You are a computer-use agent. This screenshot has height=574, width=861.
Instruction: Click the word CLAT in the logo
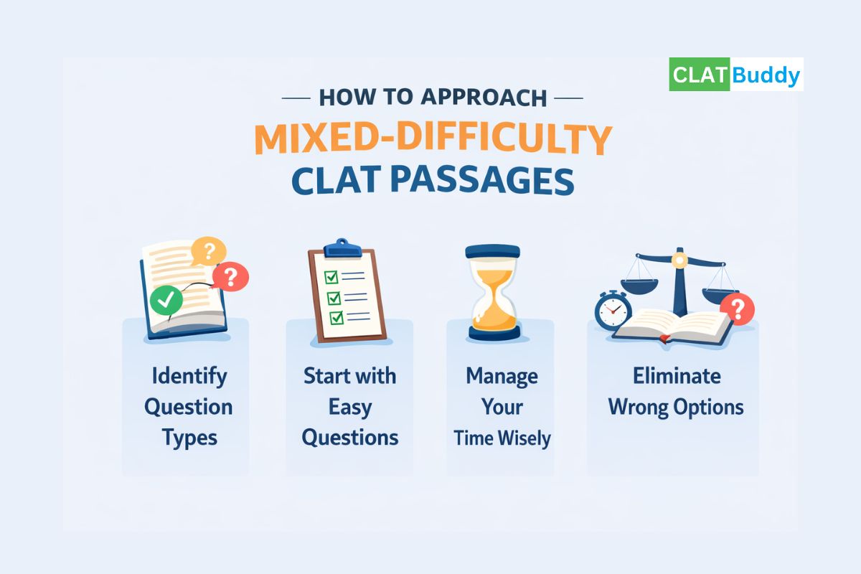700,75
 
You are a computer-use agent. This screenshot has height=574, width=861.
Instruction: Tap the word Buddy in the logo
766,75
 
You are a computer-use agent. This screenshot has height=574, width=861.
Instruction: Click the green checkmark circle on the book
166,301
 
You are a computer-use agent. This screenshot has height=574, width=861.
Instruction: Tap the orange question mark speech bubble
209,251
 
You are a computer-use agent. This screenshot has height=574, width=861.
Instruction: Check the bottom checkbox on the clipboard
334,317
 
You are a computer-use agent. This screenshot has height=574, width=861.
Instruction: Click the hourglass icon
492,291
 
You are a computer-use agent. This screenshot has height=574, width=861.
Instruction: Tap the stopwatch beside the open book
612,311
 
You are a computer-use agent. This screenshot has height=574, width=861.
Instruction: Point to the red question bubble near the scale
735,309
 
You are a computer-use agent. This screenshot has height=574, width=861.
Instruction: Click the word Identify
189,376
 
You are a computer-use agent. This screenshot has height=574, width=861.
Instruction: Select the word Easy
349,407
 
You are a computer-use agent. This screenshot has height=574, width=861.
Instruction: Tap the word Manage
502,376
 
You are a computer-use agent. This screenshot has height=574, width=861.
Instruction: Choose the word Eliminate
676,376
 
